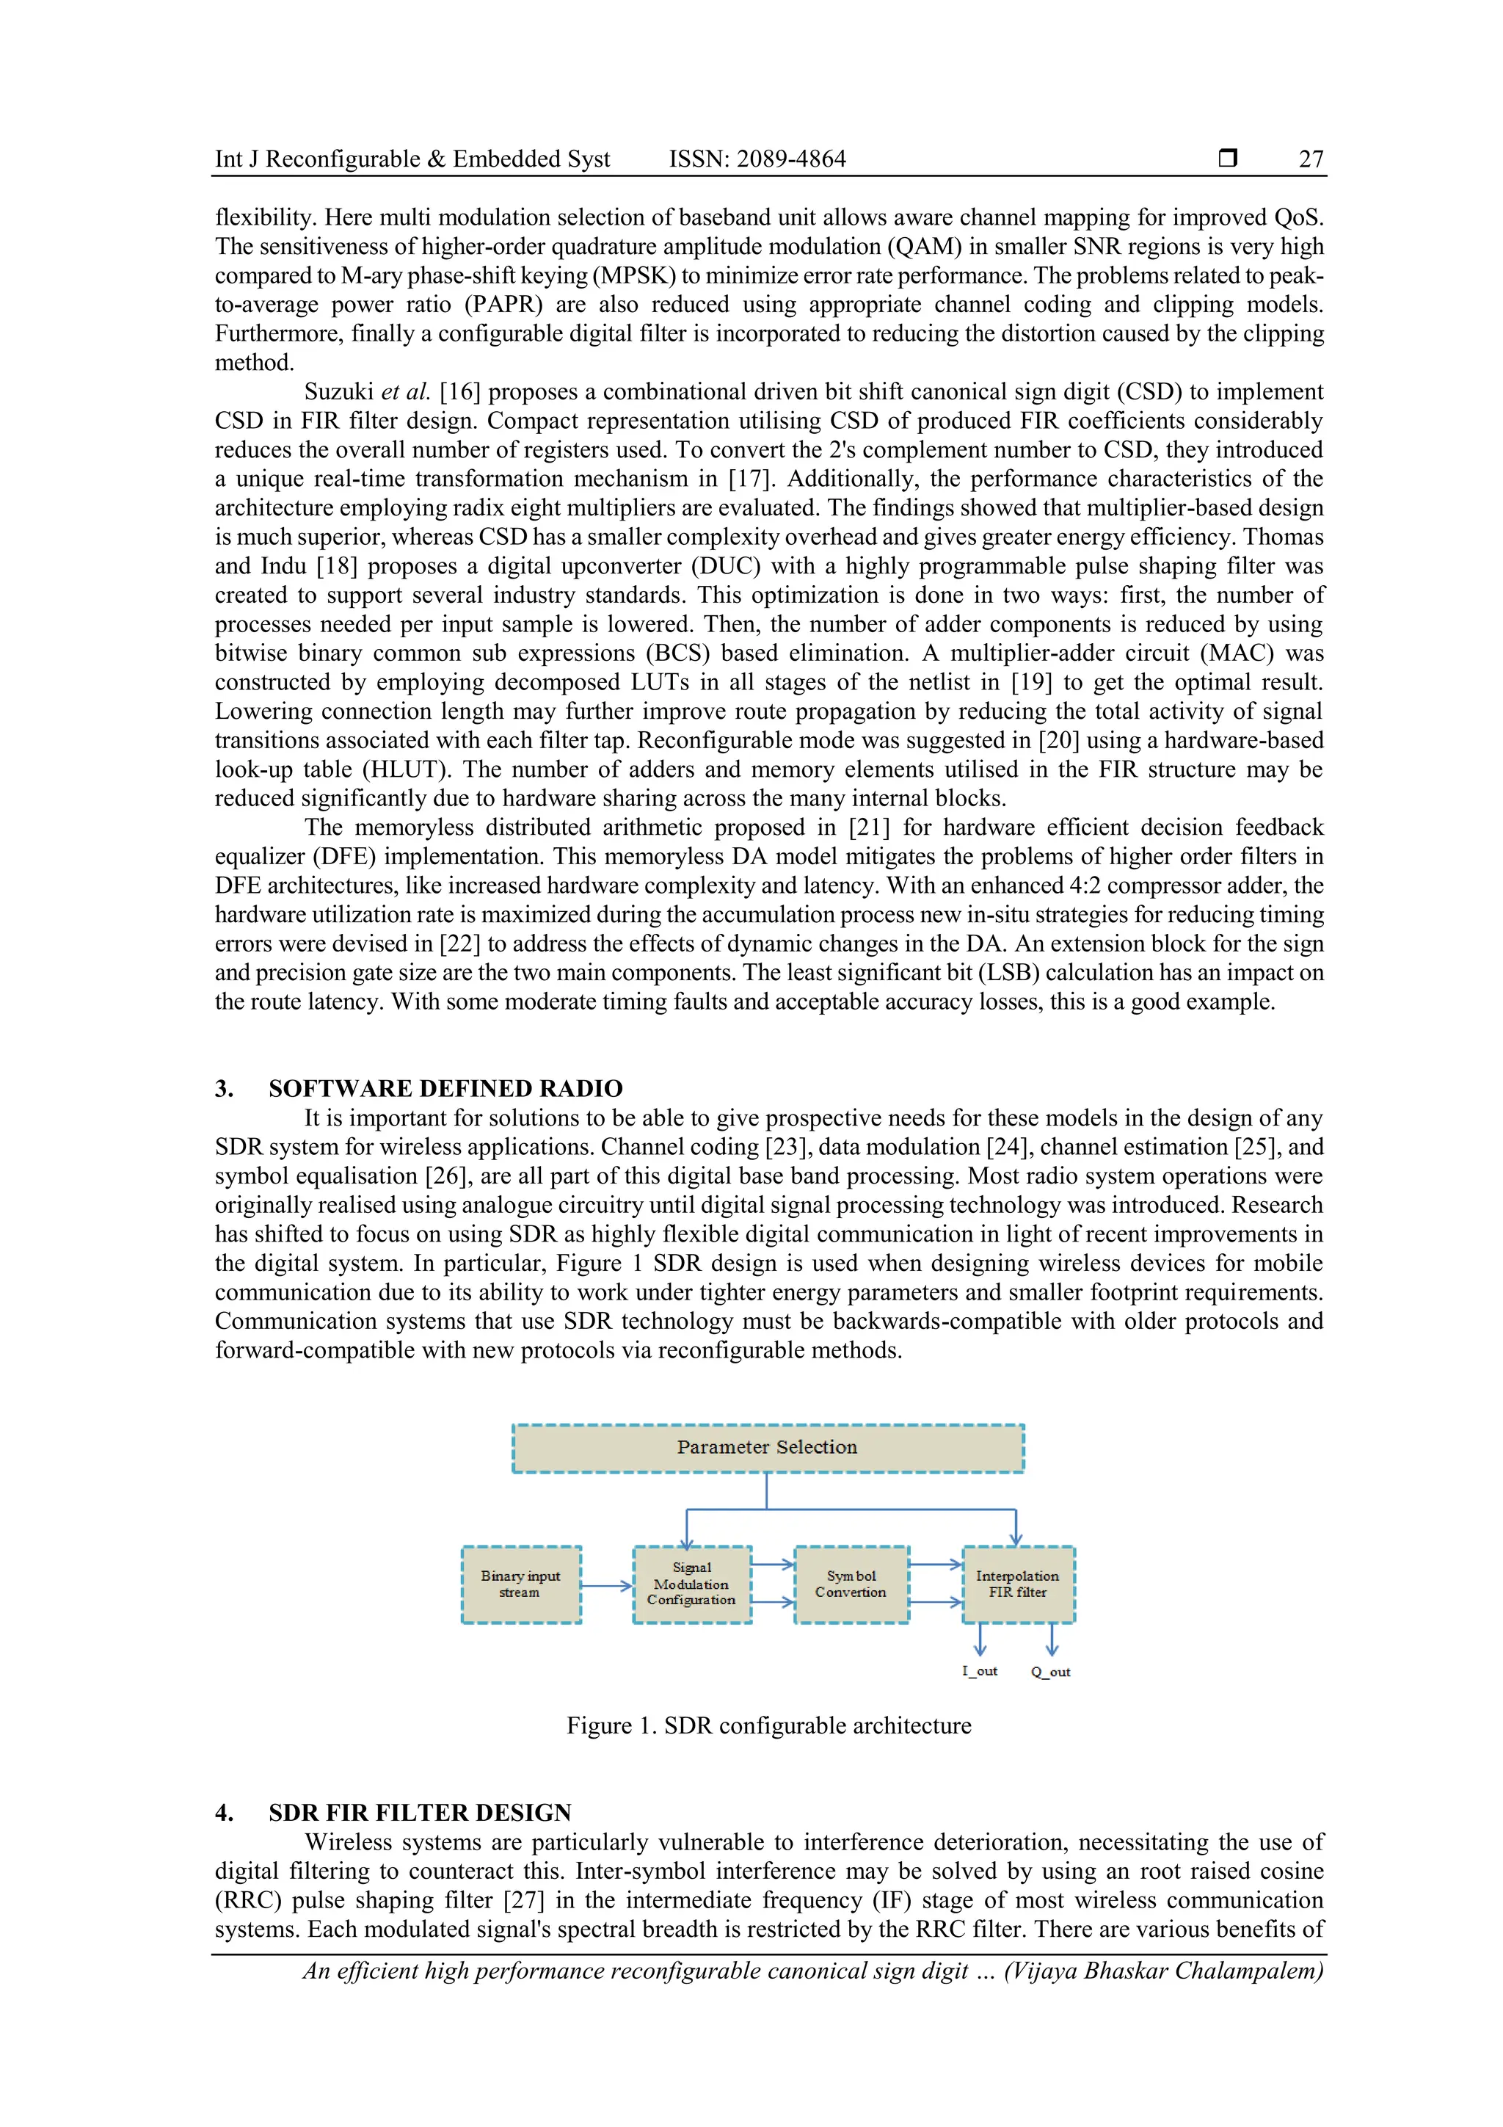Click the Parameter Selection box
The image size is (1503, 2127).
point(768,1448)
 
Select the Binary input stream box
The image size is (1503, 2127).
point(520,1584)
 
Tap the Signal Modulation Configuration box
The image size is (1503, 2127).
point(692,1584)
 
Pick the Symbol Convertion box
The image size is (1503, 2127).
point(851,1584)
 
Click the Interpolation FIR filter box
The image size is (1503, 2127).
point(1018,1584)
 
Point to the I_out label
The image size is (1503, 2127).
point(980,1671)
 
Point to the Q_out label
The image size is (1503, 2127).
point(1051,1672)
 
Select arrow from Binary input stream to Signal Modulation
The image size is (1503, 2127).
point(607,1586)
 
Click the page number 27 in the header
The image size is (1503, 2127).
point(1311,159)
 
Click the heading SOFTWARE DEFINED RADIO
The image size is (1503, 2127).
point(445,1089)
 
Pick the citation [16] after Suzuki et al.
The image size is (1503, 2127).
point(459,392)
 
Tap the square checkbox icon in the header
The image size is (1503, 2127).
point(1228,159)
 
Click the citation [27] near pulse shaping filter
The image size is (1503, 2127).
point(523,1900)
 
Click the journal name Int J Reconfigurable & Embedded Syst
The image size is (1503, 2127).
point(412,159)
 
